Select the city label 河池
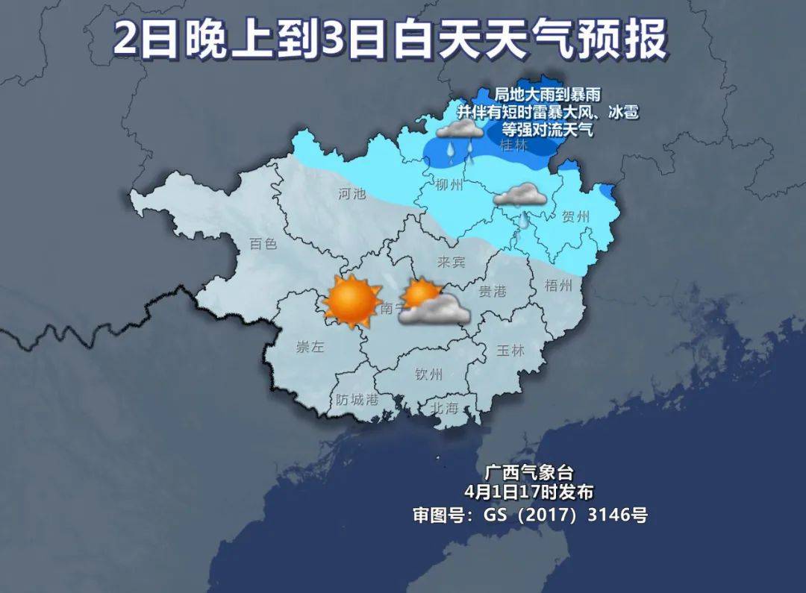point(352,194)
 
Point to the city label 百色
point(263,243)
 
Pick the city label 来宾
point(451,262)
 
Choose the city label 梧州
point(558,285)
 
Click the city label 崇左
point(310,347)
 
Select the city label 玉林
point(510,351)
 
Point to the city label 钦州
point(429,374)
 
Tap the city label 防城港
point(357,400)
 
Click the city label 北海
point(444,407)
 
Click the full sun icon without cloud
point(351,301)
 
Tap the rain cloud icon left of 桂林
point(459,137)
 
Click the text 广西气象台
point(529,472)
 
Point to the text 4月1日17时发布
point(528,492)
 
